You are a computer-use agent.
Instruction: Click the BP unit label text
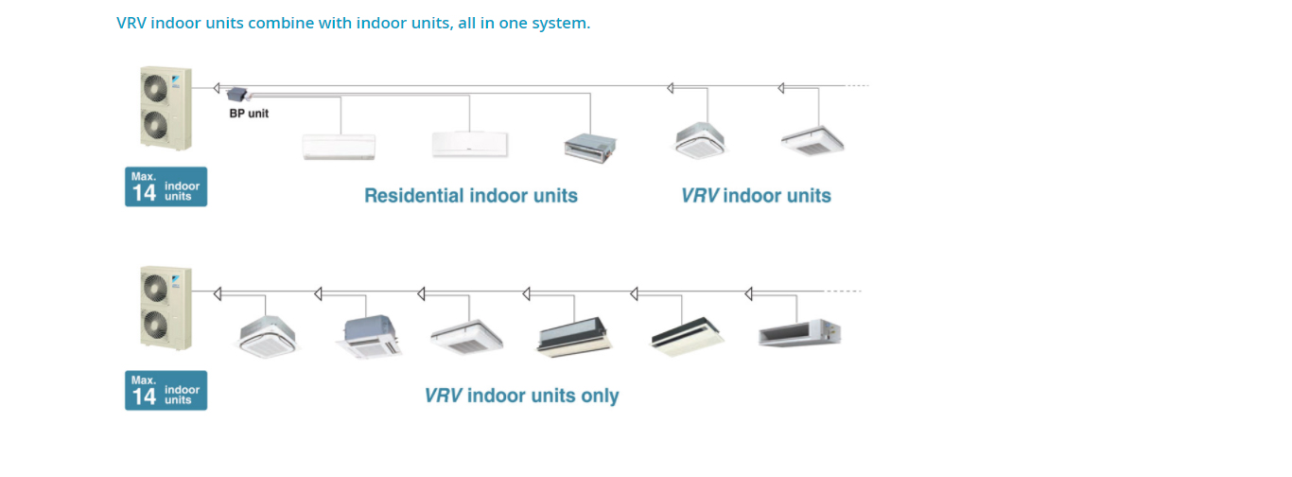[249, 114]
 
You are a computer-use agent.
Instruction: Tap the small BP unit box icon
[236, 94]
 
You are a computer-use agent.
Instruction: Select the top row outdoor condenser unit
[166, 107]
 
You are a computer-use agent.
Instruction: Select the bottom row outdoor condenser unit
[166, 309]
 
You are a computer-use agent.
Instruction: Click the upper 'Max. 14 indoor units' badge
[166, 186]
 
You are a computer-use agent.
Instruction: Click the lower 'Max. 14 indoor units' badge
[166, 390]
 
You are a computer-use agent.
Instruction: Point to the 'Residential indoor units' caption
[471, 196]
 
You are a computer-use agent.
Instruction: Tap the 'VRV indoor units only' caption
[521, 396]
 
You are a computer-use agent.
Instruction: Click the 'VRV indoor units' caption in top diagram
[756, 196]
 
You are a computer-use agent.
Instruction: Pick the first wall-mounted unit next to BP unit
[339, 146]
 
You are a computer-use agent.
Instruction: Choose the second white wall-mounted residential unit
[469, 144]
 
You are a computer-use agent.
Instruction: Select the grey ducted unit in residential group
[590, 145]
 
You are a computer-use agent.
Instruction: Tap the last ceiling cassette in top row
[812, 140]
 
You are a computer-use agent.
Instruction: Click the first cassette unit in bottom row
[268, 335]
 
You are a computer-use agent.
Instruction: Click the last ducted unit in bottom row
[799, 333]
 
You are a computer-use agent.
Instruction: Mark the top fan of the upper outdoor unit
[155, 87]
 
